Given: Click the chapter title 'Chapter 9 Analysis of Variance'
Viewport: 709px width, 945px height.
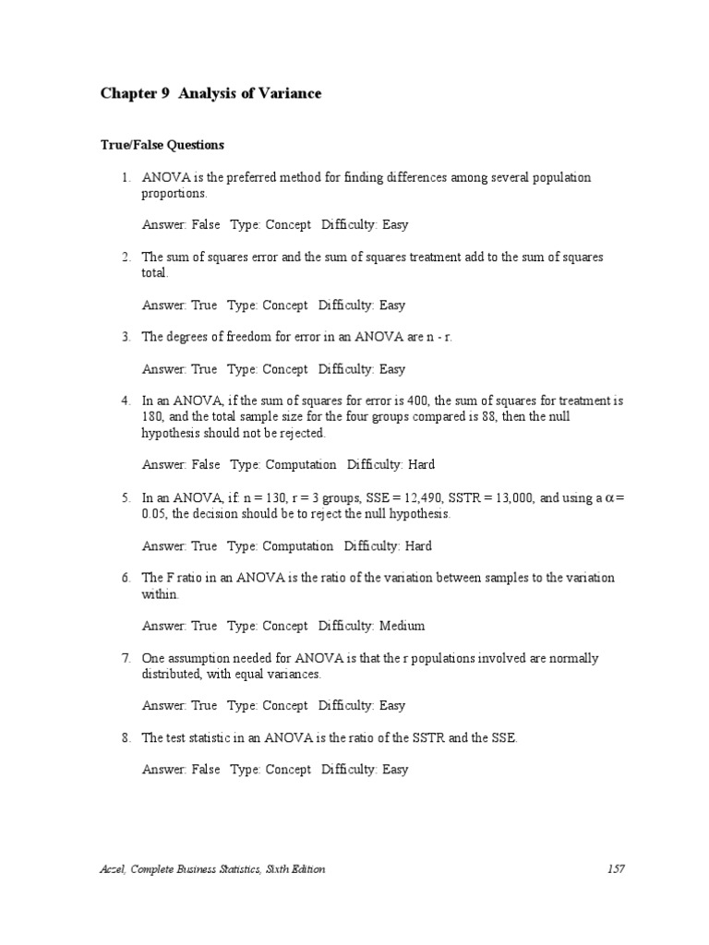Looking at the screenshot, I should coord(210,94).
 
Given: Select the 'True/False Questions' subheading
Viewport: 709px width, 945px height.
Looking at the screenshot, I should coord(162,145).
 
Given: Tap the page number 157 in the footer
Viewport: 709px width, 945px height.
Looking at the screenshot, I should coord(617,869).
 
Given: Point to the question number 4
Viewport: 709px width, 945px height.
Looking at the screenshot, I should coord(126,401).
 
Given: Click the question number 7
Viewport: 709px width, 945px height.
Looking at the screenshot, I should coord(126,658).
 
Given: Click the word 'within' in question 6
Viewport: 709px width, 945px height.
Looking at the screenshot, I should coord(160,594).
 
